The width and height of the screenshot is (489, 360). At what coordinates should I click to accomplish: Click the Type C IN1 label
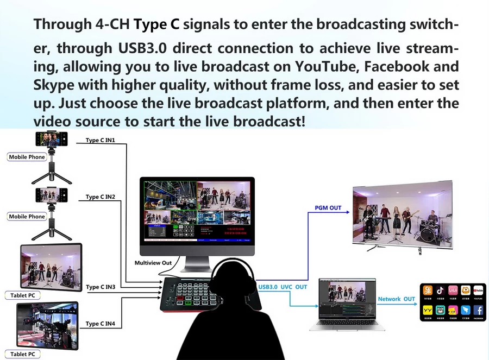tap(100, 140)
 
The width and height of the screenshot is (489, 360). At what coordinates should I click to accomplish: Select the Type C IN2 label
tap(100, 197)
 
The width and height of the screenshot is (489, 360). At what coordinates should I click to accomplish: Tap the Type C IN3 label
tap(101, 287)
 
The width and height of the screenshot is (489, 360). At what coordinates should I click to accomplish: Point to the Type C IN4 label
tap(101, 324)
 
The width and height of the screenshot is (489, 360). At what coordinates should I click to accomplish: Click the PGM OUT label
tap(328, 208)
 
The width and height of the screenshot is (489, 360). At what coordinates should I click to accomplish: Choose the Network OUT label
tap(397, 299)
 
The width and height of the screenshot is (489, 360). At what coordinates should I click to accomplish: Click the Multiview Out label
tap(153, 263)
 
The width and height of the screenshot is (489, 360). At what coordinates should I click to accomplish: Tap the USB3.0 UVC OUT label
tap(283, 287)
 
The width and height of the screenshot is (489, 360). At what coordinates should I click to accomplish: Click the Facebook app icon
tap(478, 311)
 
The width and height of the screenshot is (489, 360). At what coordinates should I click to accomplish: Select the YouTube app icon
tap(478, 291)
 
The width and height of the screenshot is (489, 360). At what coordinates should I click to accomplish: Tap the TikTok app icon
tap(441, 291)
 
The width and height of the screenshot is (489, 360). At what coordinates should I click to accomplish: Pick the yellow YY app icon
tap(428, 311)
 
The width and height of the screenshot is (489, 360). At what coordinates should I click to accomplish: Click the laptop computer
tap(347, 304)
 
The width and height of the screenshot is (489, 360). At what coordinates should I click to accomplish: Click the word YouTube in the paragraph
tap(327, 67)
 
